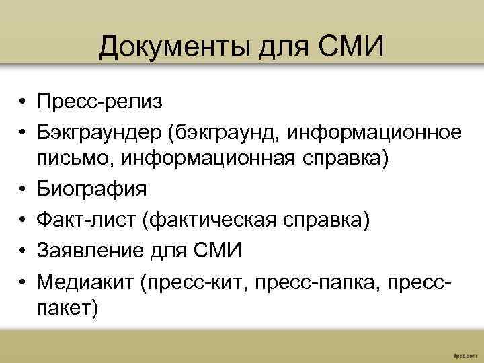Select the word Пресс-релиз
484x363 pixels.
[99, 103]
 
